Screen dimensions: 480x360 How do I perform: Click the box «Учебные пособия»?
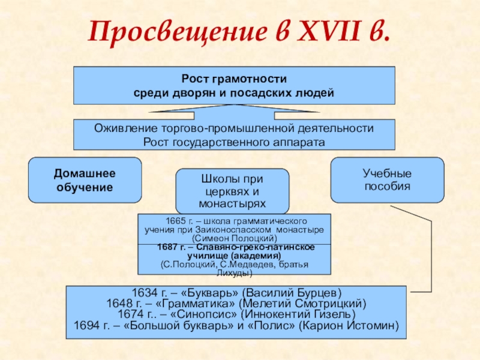pos(387,180)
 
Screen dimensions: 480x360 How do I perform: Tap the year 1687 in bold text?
pos(167,247)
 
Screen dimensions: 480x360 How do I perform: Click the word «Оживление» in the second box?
pos(125,128)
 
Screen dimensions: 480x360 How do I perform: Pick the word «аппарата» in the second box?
pos(304,142)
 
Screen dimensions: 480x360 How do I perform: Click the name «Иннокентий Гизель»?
pos(304,315)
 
